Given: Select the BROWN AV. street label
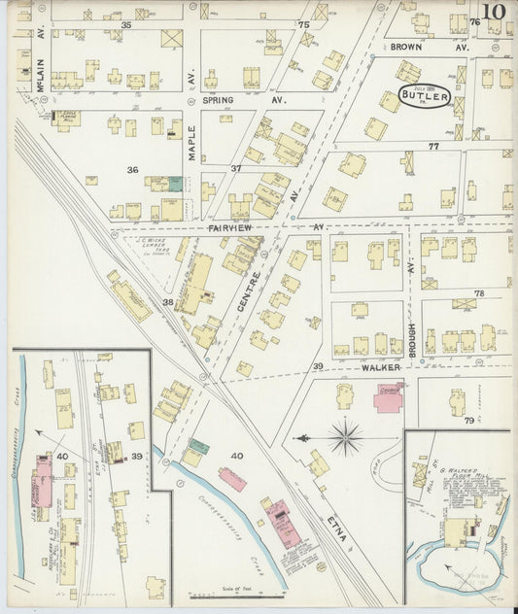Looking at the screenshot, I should (417, 46).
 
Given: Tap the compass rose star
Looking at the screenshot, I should (346, 437).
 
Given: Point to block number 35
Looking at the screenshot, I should (126, 23).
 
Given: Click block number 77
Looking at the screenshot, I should (433, 146).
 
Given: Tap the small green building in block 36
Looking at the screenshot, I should (175, 183).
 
